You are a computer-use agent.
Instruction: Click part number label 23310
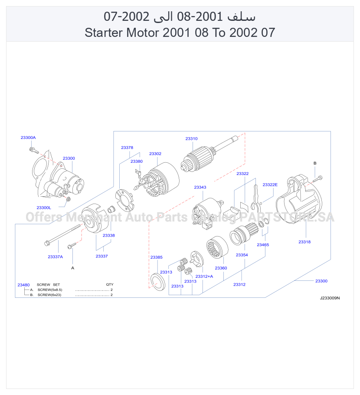(x=191, y=138)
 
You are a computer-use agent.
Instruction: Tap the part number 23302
(x=155, y=154)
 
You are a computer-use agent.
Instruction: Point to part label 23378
(x=127, y=148)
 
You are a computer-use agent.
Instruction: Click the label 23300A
(x=28, y=138)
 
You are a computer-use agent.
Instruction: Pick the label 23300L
(x=44, y=208)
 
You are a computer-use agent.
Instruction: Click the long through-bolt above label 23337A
(x=62, y=234)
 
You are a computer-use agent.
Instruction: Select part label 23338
(x=109, y=235)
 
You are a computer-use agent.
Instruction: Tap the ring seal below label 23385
(x=158, y=282)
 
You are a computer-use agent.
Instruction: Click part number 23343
(x=200, y=187)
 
